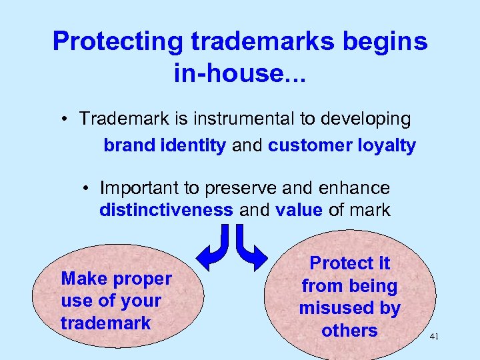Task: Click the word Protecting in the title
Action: [117, 42]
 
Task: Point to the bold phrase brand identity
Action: [164, 145]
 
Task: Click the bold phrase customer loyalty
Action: [342, 145]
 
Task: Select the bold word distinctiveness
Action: [166, 211]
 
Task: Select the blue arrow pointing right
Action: [252, 247]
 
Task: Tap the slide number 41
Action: [434, 338]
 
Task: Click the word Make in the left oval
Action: [82, 278]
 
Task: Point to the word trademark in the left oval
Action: [105, 323]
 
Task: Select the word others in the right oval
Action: [349, 330]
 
